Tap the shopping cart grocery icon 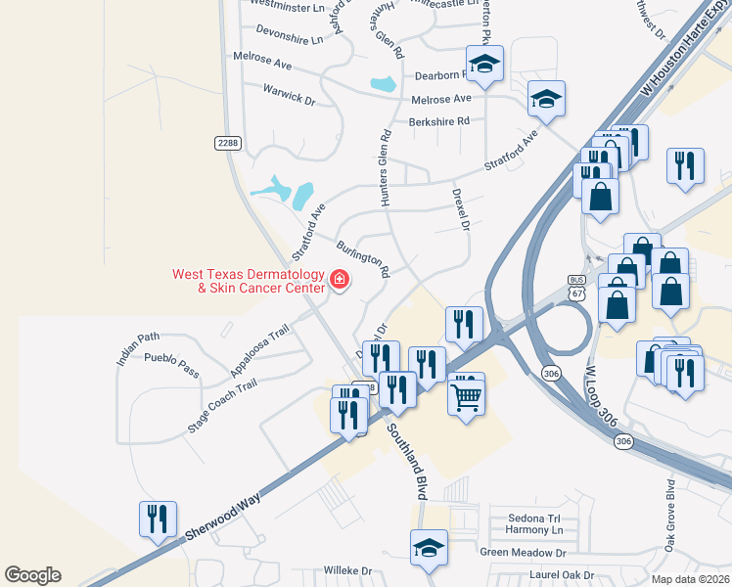click(x=467, y=396)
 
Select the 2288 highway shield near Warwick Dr click(x=227, y=143)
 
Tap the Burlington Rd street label click(x=363, y=257)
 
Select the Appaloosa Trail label click(x=261, y=352)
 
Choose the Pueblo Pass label click(x=171, y=365)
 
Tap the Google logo click(x=32, y=575)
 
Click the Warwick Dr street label click(x=289, y=94)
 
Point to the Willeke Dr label click(x=349, y=570)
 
